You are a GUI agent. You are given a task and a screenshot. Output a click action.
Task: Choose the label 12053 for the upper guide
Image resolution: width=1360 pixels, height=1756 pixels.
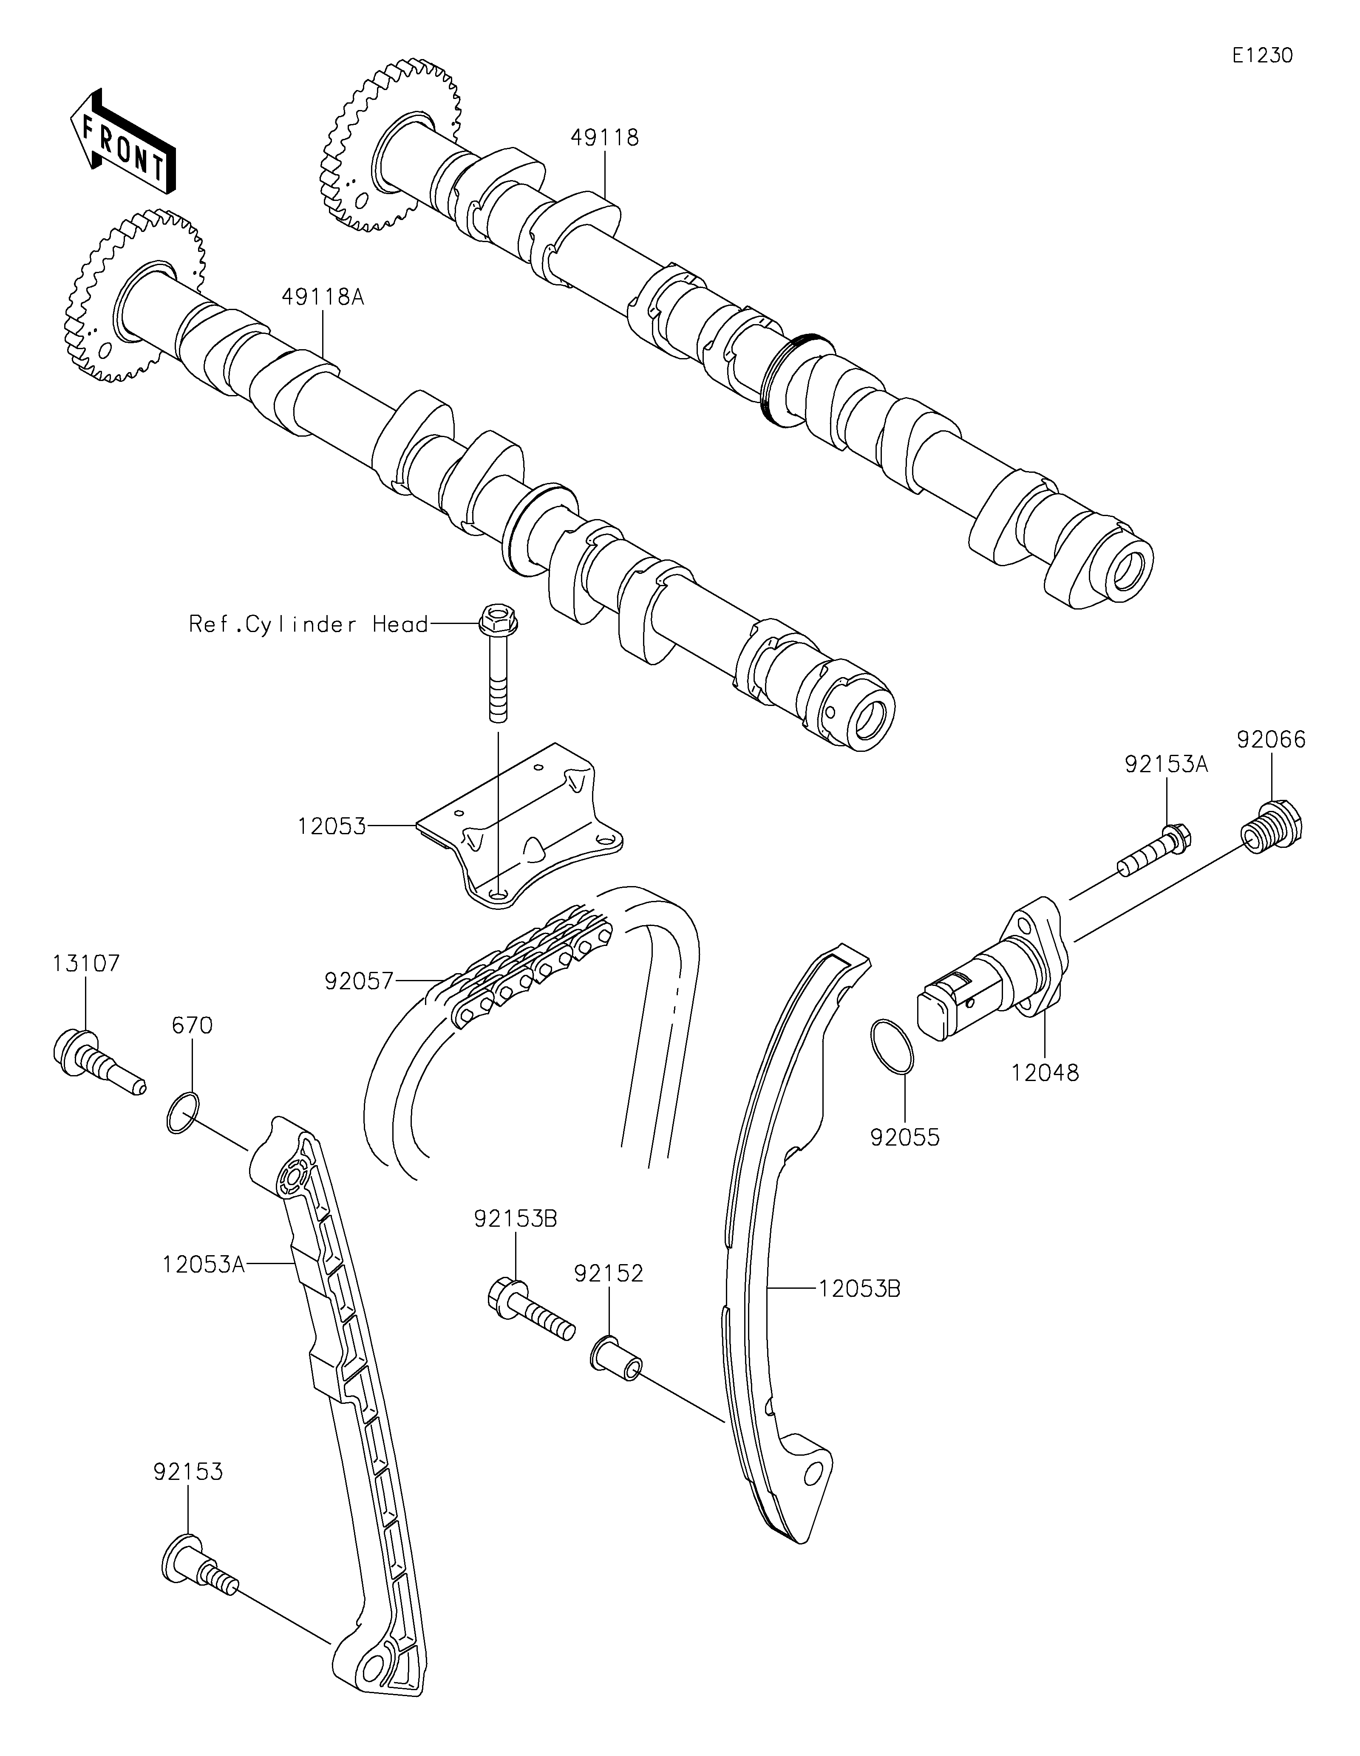click(331, 826)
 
